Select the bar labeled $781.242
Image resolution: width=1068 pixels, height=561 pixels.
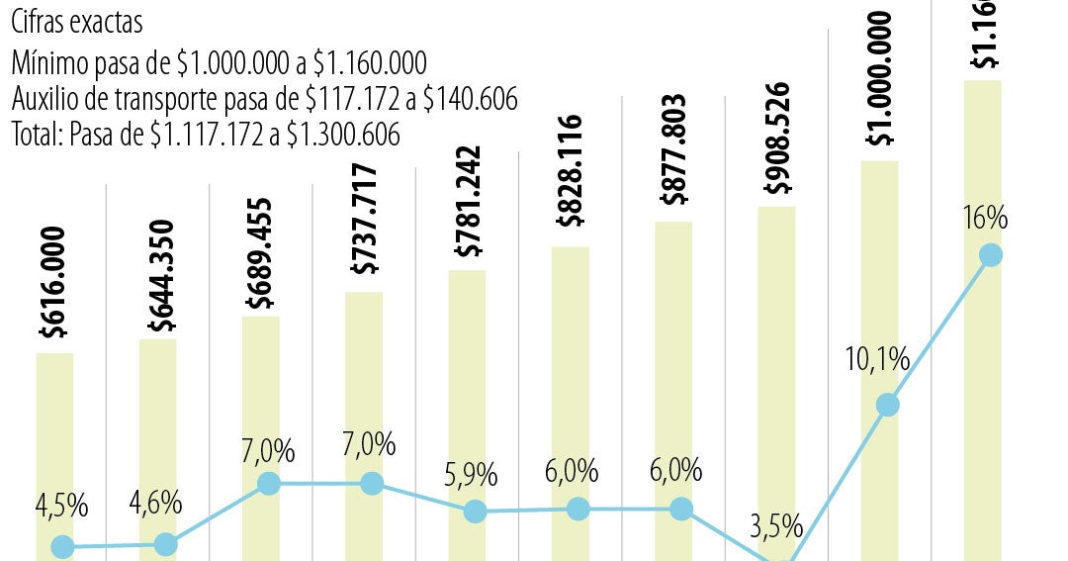467,396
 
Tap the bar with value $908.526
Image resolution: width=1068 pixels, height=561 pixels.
776,376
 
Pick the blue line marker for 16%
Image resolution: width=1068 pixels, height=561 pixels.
990,255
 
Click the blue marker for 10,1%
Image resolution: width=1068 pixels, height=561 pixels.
887,405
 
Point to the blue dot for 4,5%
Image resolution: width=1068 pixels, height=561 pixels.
62,547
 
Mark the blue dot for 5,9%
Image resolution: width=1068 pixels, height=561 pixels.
475,512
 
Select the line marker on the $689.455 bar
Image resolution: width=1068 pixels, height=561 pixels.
268,484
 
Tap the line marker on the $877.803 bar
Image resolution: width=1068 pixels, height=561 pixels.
681,510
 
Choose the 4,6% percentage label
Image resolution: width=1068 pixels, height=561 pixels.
155,503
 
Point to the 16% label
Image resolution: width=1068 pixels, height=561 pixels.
984,218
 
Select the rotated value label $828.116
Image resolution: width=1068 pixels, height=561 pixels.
571,171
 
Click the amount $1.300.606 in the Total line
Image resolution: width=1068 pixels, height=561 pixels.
342,135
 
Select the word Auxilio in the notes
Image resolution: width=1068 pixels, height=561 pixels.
44,99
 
